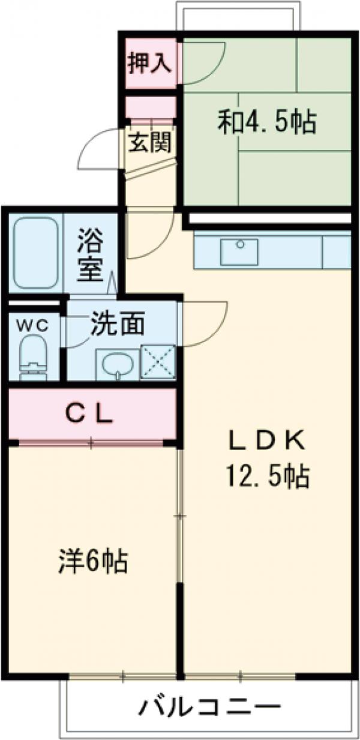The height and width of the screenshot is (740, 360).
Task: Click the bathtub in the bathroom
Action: [37, 252]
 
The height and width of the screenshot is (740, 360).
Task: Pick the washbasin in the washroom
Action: [116, 363]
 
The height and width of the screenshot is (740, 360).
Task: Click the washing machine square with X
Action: [158, 361]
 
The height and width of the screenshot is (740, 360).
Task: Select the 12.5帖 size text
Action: [267, 477]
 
